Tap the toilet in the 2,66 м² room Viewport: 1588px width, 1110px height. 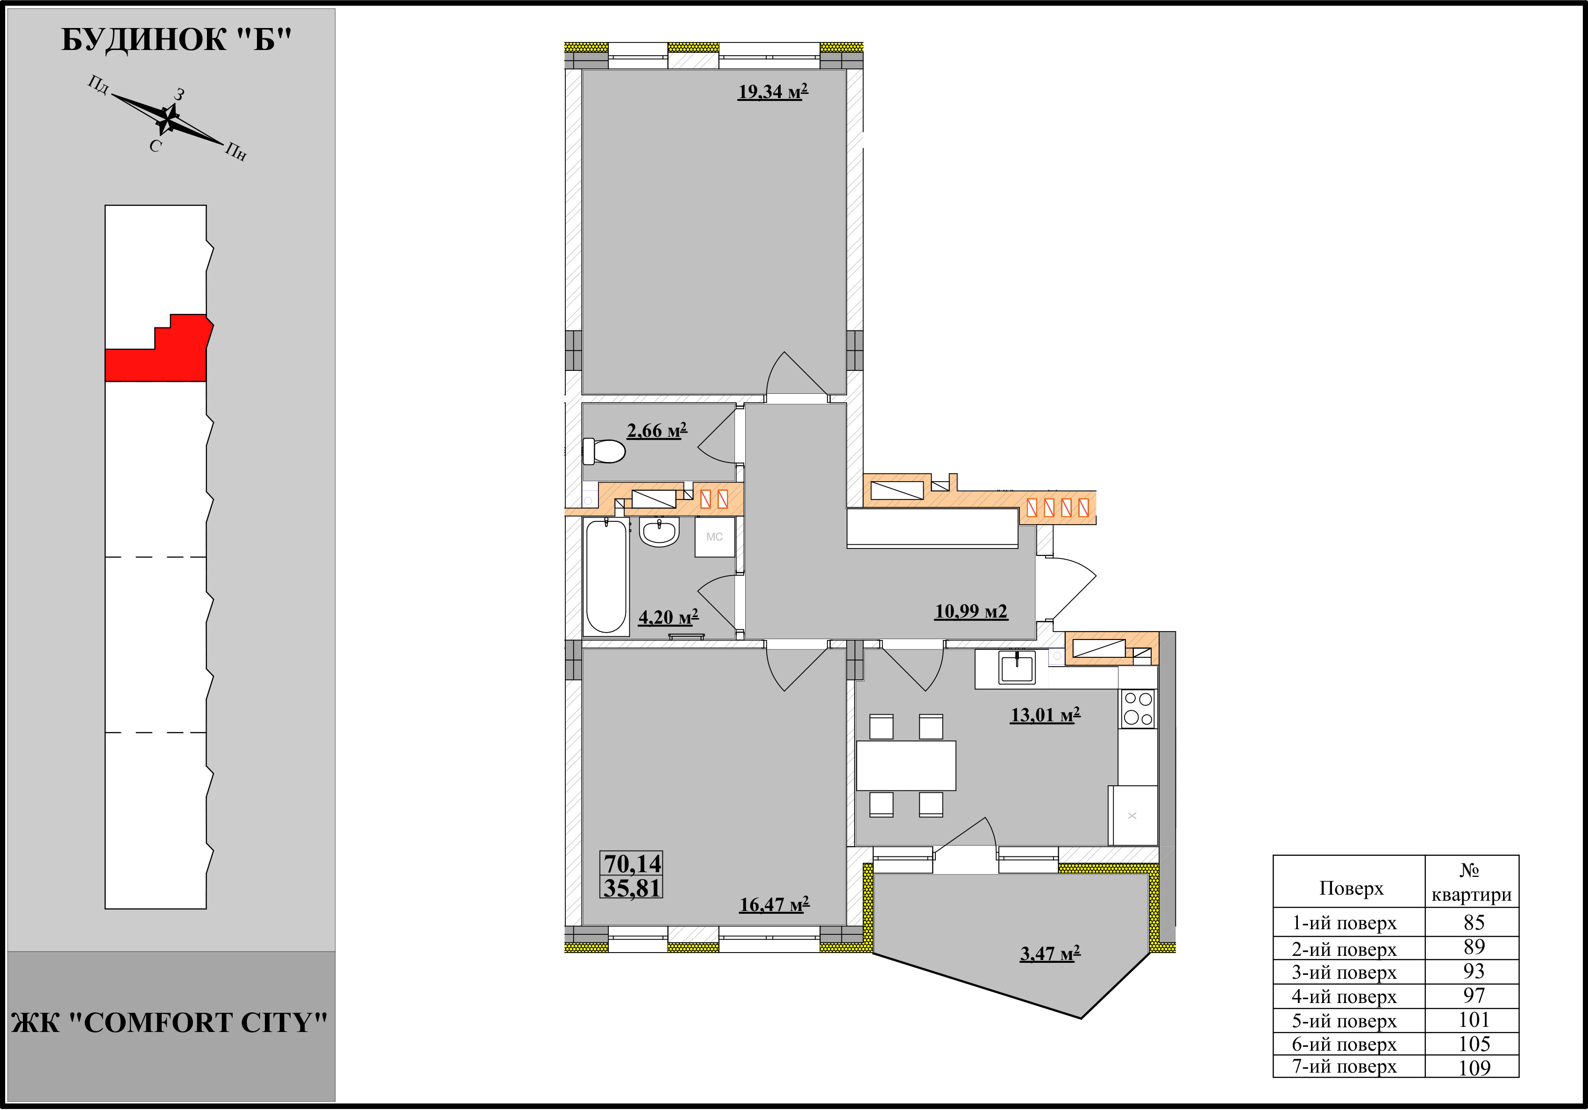click(x=603, y=451)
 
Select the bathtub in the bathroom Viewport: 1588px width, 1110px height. click(x=606, y=577)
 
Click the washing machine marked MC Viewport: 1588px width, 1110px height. click(x=714, y=537)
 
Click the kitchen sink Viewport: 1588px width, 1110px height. click(x=1017, y=668)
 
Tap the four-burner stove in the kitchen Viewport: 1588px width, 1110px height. click(x=1138, y=708)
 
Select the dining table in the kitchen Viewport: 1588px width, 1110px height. click(x=906, y=766)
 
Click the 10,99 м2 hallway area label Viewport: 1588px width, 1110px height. click(x=971, y=612)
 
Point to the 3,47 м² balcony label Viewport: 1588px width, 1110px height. click(x=1050, y=953)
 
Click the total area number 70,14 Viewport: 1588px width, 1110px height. click(x=632, y=864)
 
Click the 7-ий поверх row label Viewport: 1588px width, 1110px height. click(x=1345, y=1067)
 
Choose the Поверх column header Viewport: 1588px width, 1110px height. click(x=1351, y=888)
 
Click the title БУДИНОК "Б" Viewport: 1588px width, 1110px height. click(x=177, y=40)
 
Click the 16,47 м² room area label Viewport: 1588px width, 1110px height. click(x=774, y=904)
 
